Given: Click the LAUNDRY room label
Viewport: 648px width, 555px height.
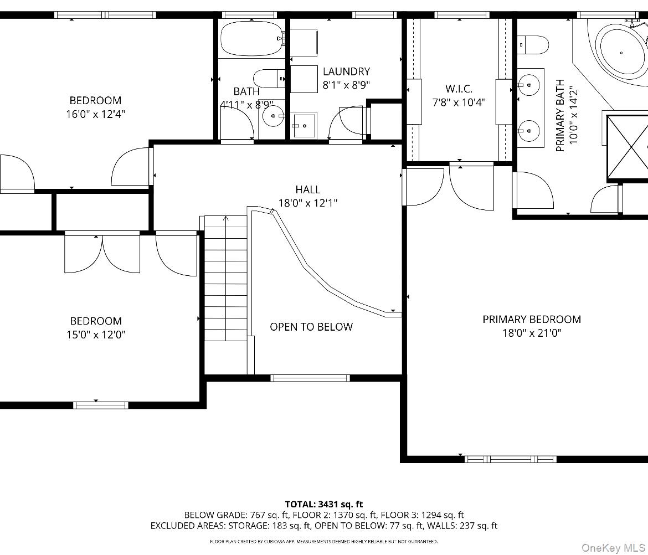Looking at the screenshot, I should tap(346, 71).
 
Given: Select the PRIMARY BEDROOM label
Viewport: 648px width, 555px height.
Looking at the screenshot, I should tap(531, 319).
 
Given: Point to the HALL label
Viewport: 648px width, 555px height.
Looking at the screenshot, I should tap(307, 189).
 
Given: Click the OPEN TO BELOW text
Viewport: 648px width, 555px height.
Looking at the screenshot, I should tap(311, 327).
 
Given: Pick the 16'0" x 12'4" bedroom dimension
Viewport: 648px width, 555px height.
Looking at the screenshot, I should tap(95, 114).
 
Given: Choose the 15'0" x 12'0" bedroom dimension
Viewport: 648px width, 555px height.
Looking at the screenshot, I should tap(95, 335).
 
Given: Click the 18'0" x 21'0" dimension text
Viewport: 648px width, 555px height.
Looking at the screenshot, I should tap(531, 333).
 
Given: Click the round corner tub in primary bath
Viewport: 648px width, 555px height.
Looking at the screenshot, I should tap(620, 53).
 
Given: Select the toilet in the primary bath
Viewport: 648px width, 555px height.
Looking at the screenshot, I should tap(533, 44).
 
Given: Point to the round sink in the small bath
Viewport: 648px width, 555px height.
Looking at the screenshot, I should tap(272, 116).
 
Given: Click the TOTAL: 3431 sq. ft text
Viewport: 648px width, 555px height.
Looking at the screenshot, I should tap(324, 504).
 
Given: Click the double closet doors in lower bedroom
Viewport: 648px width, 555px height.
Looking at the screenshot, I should tap(102, 254).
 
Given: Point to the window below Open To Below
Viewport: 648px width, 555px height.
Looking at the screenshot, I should tap(310, 378).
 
